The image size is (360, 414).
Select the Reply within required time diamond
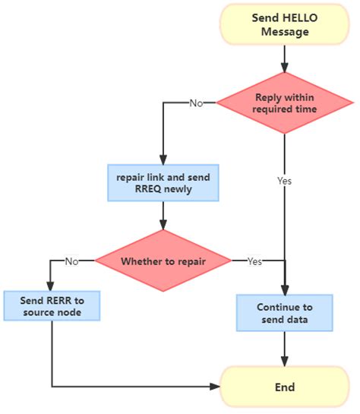coord(285,103)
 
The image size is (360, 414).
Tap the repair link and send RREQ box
coord(163,184)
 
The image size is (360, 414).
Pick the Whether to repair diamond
coord(163,261)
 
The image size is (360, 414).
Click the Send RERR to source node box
coord(52,307)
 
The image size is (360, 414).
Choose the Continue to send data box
coord(285,314)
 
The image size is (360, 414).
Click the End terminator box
coord(285,387)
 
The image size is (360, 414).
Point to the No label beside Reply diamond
coord(196,103)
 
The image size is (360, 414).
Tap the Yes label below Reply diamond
coord(285,182)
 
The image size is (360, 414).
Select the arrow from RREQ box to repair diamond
coord(163,216)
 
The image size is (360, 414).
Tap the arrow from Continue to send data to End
coord(285,349)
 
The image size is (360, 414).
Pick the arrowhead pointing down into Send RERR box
coord(52,286)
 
